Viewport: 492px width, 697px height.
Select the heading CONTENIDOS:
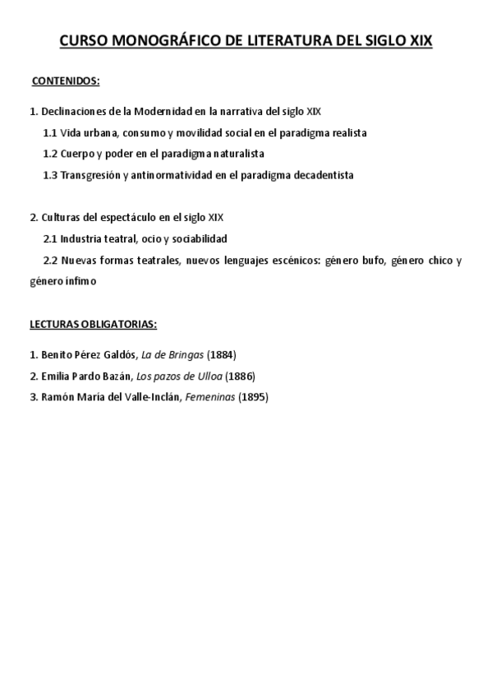pyautogui.click(x=66, y=81)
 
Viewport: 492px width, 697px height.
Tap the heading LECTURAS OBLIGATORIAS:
pyautogui.click(x=93, y=325)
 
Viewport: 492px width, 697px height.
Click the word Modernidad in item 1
pyautogui.click(x=152, y=110)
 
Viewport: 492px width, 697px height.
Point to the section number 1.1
pyautogui.click(x=50, y=132)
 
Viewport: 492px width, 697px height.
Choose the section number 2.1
pyautogui.click(x=50, y=239)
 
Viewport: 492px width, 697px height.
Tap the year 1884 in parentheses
pyautogui.click(x=222, y=354)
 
